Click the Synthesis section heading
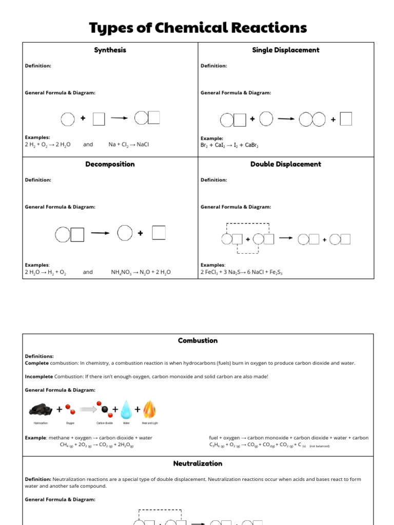click(110, 50)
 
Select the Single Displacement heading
click(286, 50)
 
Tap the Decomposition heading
click(110, 164)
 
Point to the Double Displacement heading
click(286, 164)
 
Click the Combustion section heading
click(198, 340)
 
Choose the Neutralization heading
click(198, 463)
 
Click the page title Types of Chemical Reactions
click(198, 27)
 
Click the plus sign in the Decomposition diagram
click(140, 233)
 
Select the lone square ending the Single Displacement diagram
click(346, 119)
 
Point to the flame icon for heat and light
click(150, 410)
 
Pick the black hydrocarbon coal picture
click(42, 409)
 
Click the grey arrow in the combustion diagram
click(88, 410)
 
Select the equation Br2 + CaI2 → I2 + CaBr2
click(229, 146)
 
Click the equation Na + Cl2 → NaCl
click(128, 145)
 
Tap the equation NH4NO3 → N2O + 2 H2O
click(141, 272)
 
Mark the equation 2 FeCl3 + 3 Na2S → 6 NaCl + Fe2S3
click(241, 272)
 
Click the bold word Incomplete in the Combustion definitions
click(39, 376)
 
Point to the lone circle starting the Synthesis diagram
click(68, 119)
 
